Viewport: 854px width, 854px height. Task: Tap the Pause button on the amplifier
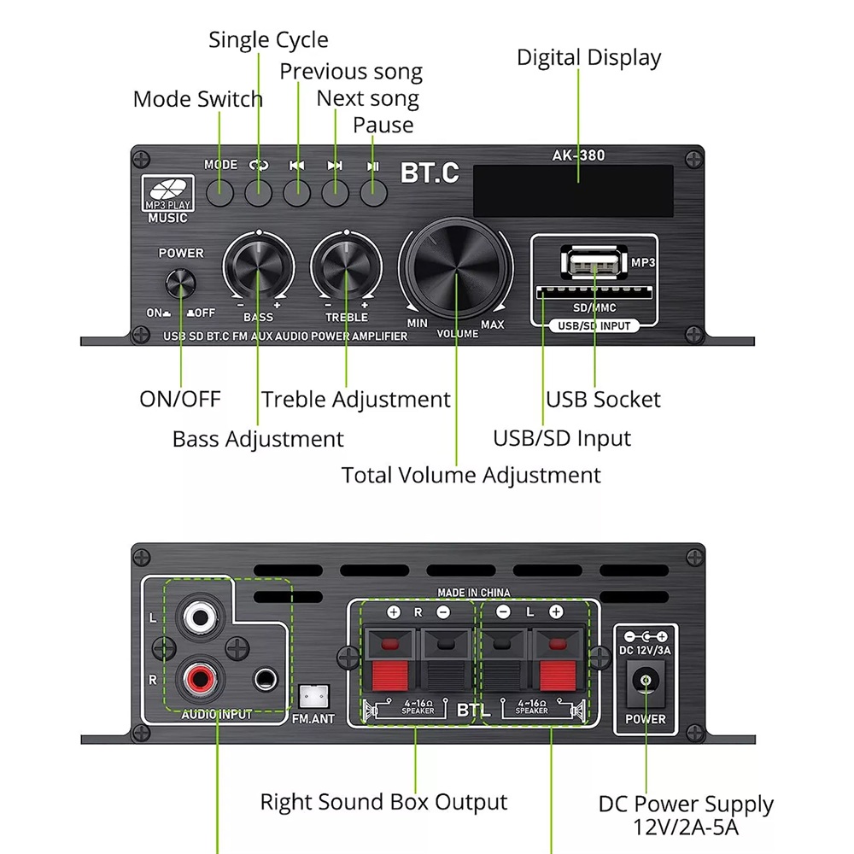pyautogui.click(x=373, y=193)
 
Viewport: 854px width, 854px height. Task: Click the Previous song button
pyautogui.click(x=297, y=193)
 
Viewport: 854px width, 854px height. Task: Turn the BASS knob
pyautogui.click(x=259, y=270)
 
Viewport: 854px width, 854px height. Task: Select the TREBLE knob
pyautogui.click(x=346, y=270)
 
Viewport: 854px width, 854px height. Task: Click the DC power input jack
pyautogui.click(x=646, y=683)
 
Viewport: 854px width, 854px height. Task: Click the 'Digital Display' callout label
pyautogui.click(x=588, y=58)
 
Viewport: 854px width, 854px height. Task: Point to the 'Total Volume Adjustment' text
pyautogui.click(x=471, y=475)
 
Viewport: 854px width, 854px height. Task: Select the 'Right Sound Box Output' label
pyautogui.click(x=383, y=803)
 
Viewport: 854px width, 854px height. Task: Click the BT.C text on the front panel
pyautogui.click(x=430, y=173)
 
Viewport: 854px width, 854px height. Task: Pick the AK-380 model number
pyautogui.click(x=578, y=155)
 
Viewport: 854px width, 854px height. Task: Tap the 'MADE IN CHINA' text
pyautogui.click(x=474, y=593)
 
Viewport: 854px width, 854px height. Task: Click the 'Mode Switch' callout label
pyautogui.click(x=197, y=99)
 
